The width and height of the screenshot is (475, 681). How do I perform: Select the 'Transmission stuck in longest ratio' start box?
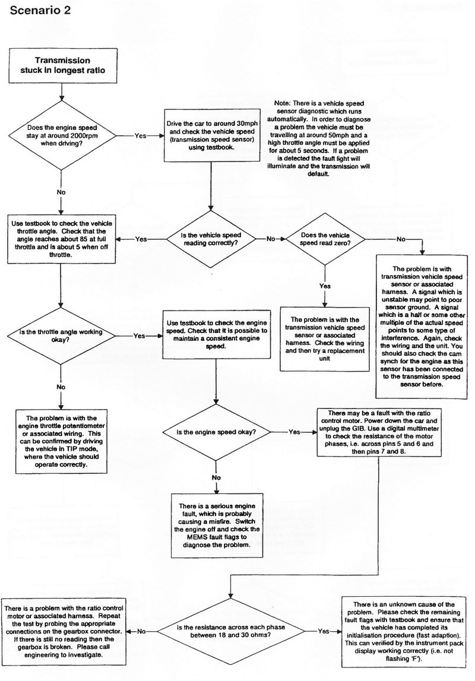coord(62,65)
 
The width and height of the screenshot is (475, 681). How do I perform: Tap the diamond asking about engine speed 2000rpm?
coord(61,135)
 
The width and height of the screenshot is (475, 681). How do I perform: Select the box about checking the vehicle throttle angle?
coord(61,239)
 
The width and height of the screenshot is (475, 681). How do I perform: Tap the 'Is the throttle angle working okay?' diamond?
coord(61,335)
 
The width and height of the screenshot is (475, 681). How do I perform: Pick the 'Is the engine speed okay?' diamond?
coord(216,432)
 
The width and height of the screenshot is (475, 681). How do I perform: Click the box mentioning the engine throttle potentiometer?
coord(62,440)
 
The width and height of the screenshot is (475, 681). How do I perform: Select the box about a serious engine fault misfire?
coord(216,524)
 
